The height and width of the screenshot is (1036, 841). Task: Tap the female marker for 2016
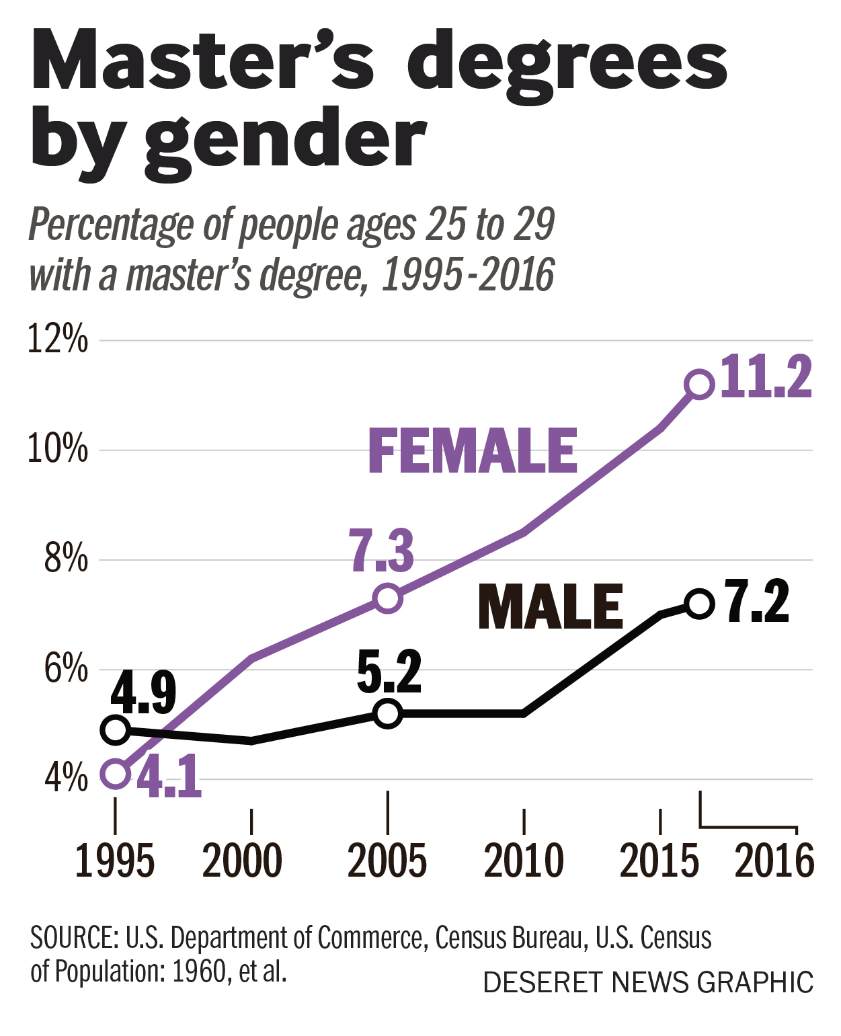[699, 385]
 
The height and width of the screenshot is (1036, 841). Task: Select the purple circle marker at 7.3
[388, 598]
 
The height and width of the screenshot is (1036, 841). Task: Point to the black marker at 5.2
[388, 713]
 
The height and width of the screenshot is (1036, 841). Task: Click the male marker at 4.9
[116, 729]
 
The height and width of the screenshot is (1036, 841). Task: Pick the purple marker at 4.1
[116, 774]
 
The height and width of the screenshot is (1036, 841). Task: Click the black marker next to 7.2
[699, 604]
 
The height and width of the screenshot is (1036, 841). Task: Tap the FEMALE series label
[473, 451]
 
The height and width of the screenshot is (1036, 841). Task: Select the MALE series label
[550, 607]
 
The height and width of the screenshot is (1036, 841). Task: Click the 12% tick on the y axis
[57, 340]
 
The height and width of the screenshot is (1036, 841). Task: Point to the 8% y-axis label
[65, 559]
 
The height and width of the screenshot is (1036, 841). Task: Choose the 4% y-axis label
[65, 778]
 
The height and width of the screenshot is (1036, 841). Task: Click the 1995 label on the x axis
[114, 861]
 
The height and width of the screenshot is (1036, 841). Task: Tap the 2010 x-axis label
[524, 861]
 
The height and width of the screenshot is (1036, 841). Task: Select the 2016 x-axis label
[774, 861]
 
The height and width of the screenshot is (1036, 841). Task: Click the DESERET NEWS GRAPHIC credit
[648, 982]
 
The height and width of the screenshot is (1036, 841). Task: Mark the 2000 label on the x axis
[243, 861]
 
